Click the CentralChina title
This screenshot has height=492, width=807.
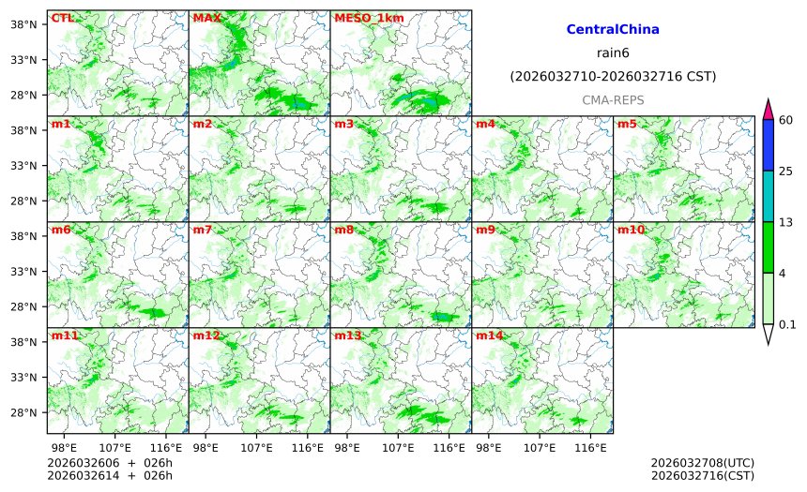613,30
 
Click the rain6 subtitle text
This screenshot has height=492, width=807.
613,52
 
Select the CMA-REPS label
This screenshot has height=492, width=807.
613,99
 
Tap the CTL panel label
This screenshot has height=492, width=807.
62,18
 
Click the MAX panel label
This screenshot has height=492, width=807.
206,18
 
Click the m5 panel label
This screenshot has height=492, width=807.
626,124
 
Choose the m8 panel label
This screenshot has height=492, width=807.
343,230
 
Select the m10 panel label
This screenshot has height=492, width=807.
630,230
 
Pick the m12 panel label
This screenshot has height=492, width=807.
206,335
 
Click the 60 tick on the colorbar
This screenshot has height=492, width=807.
786,118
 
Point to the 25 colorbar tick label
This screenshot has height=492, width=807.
786,171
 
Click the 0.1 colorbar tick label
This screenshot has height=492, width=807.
787,325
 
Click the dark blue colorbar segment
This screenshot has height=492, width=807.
768,143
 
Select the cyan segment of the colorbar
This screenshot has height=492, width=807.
768,196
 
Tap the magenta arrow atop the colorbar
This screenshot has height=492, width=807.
768,108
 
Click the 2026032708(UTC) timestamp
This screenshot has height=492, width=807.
702,463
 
